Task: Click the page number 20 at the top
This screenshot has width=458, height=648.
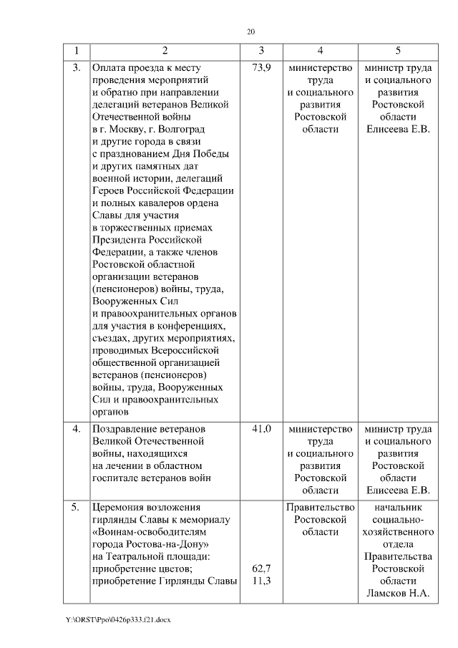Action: click(250, 32)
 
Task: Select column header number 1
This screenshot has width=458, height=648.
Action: click(76, 50)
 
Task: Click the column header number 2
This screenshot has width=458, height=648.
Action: click(165, 50)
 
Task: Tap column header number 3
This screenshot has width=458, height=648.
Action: click(261, 50)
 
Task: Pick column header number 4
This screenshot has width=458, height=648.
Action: click(320, 50)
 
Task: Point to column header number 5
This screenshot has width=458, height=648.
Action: click(398, 50)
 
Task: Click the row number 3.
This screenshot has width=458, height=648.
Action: click(77, 69)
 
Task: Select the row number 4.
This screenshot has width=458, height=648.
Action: click(77, 429)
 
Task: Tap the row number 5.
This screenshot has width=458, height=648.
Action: click(77, 508)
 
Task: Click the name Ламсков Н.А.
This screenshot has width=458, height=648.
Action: click(398, 593)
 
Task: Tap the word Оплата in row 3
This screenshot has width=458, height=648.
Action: click(109, 69)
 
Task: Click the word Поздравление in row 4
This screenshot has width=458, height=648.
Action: click(126, 429)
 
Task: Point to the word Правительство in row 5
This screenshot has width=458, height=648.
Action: click(320, 508)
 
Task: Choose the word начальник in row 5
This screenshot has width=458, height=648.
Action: click(398, 508)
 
